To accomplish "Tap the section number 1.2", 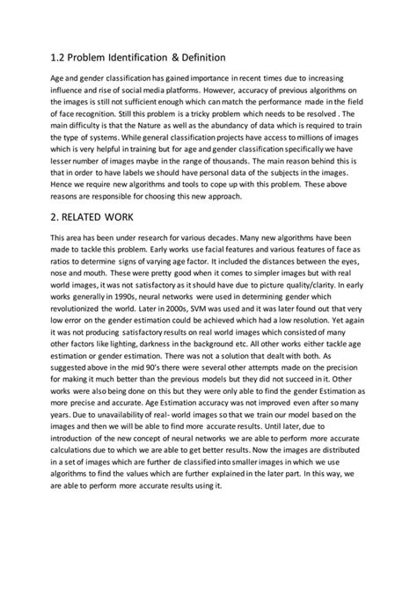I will (x=59, y=57).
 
